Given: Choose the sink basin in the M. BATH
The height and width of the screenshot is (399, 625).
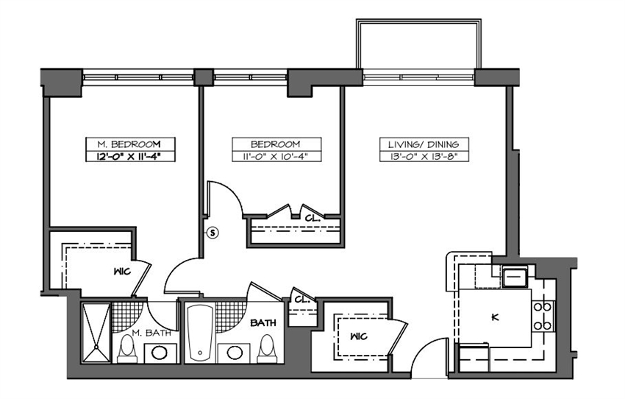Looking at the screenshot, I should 158,353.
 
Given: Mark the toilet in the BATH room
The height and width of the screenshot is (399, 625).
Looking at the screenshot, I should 267,350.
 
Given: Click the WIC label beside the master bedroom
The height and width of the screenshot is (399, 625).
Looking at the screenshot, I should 121,270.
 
